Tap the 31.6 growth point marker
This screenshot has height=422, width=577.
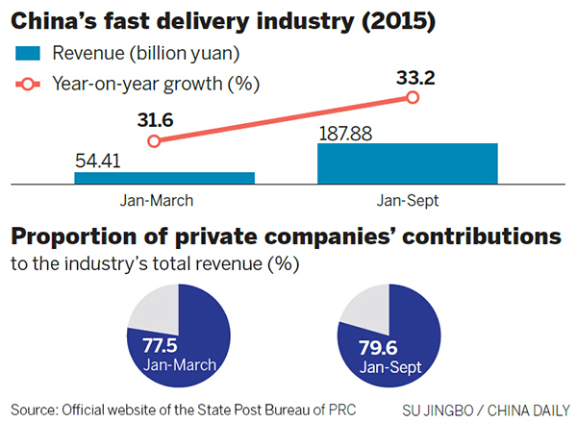pos(153,141)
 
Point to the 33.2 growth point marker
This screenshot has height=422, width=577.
pos(414,97)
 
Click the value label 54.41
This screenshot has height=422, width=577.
pos(99,161)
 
